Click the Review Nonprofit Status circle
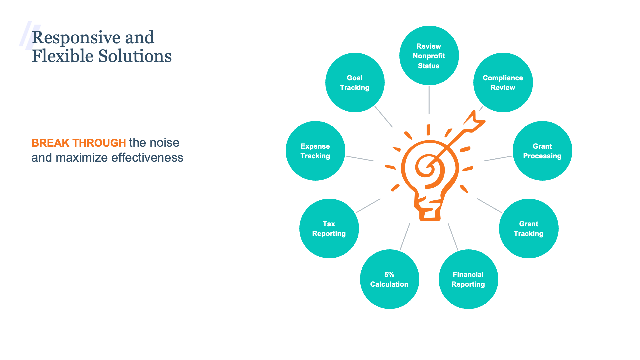click(429, 56)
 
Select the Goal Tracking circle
click(355, 83)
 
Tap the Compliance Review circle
click(503, 83)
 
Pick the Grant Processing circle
click(542, 151)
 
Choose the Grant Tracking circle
click(529, 229)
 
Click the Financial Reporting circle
click(468, 279)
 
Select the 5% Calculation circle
click(390, 279)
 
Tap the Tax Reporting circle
click(329, 229)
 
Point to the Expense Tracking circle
click(315, 151)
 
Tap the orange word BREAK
click(50, 143)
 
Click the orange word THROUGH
click(99, 143)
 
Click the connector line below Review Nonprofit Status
click(429, 100)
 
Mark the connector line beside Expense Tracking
click(360, 158)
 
